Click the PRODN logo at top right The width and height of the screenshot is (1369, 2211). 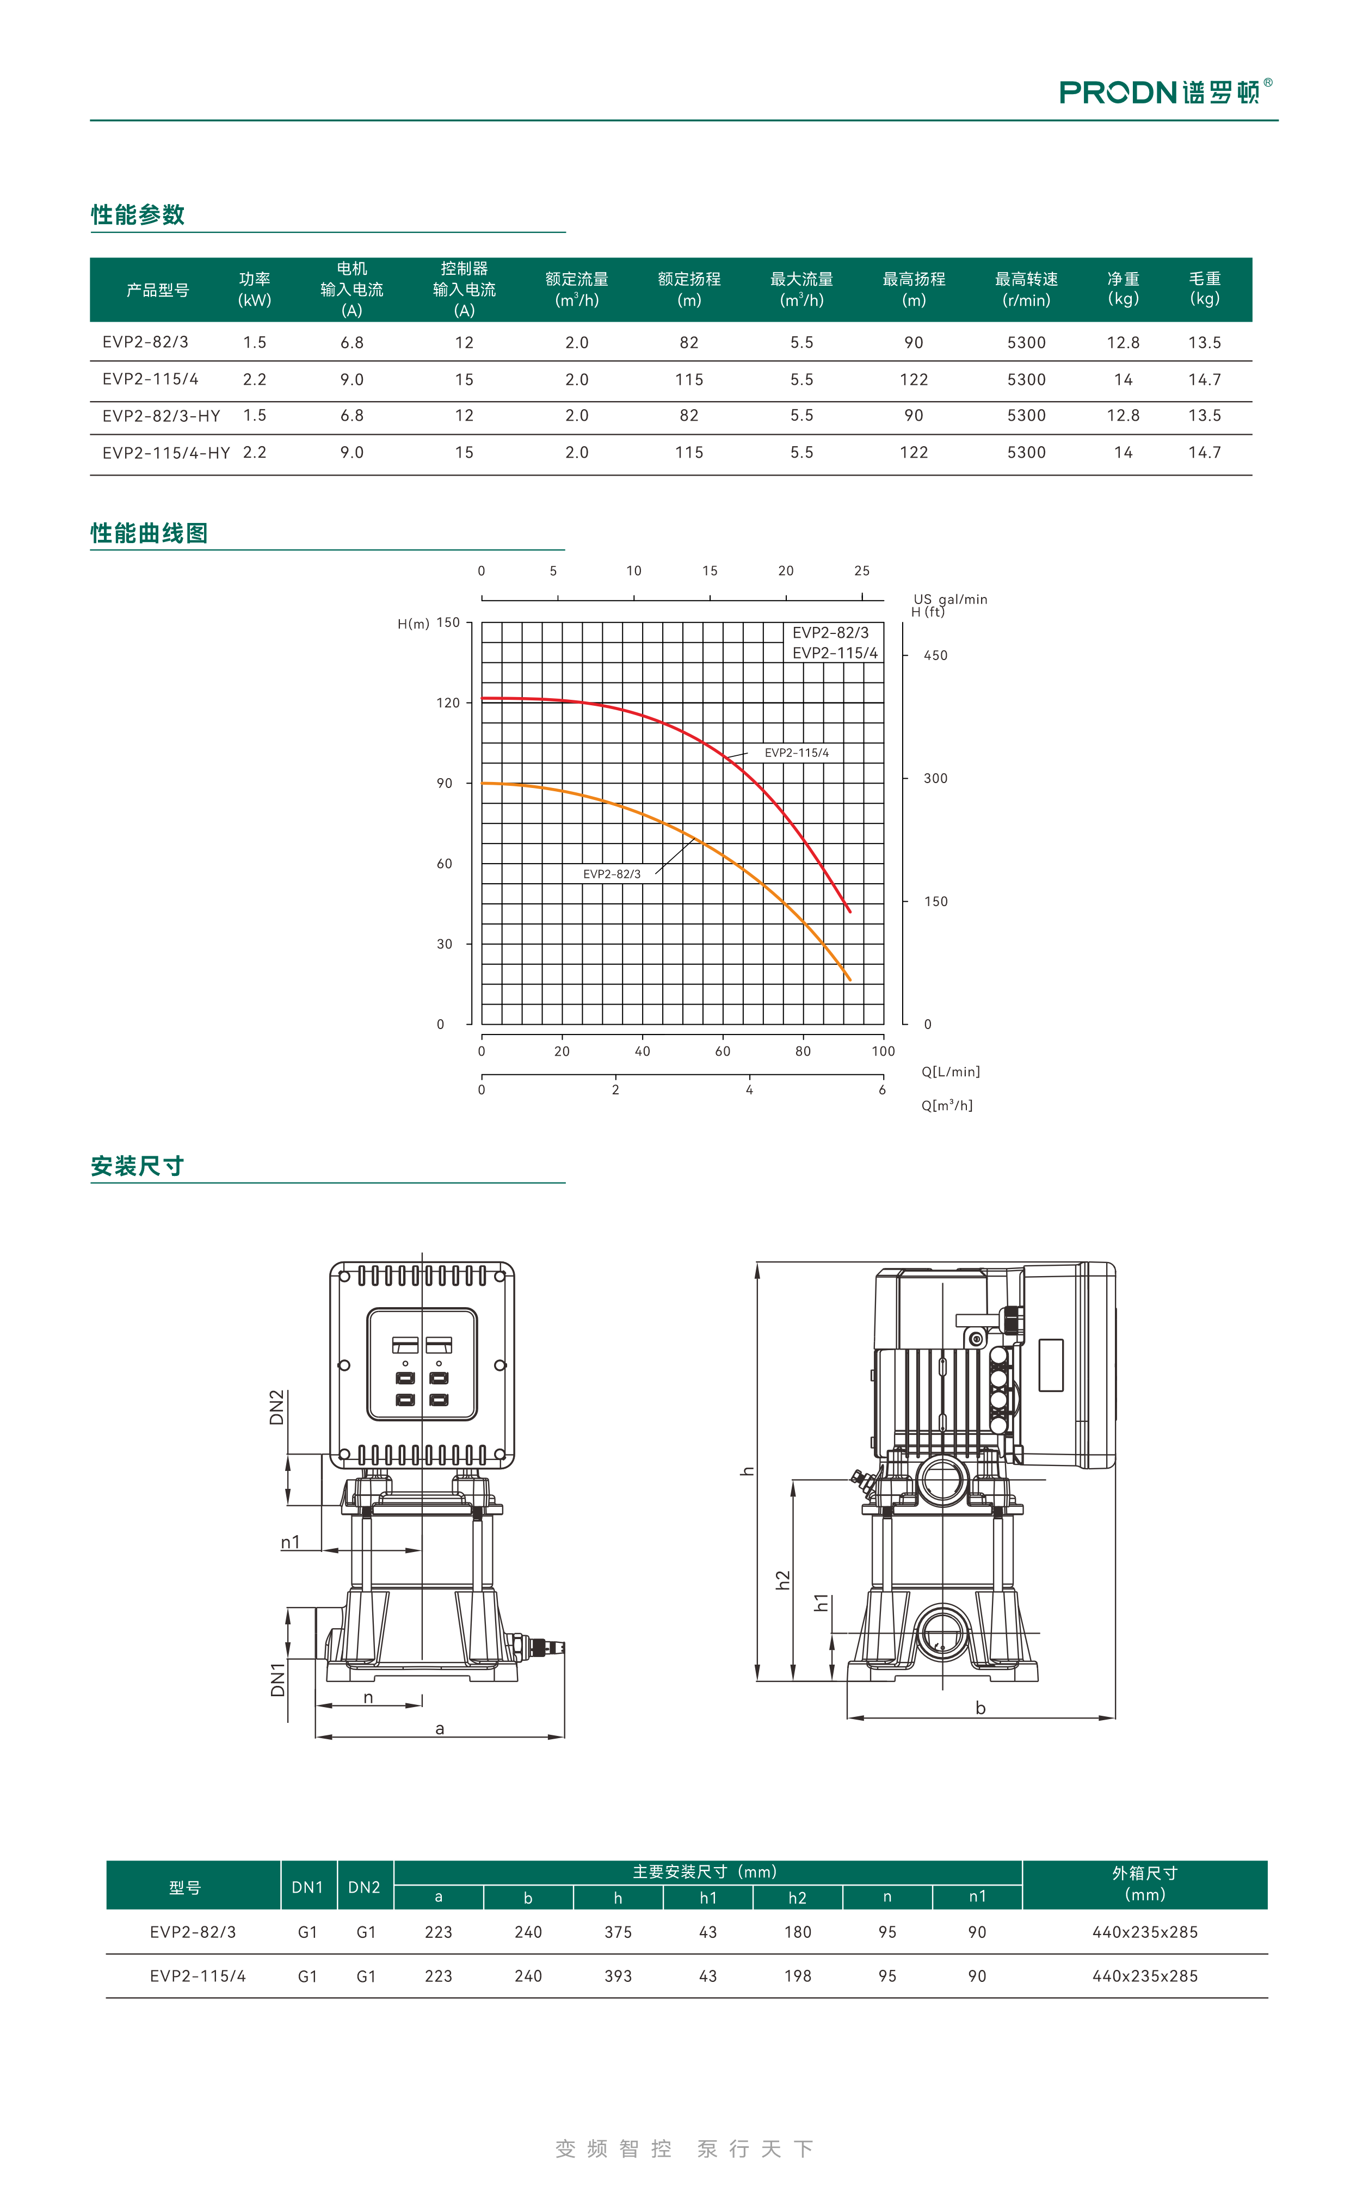[1166, 91]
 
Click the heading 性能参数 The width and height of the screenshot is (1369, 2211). [138, 214]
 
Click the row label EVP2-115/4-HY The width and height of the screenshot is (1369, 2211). [166, 453]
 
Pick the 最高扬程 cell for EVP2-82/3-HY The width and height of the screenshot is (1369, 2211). [914, 416]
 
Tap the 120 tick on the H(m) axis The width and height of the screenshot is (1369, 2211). [448, 703]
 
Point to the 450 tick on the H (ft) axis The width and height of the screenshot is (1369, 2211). [935, 656]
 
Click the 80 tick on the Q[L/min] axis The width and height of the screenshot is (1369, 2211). [803, 1051]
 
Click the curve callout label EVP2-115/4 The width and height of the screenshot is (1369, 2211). [797, 753]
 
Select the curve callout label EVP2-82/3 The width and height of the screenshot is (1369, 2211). [612, 874]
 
